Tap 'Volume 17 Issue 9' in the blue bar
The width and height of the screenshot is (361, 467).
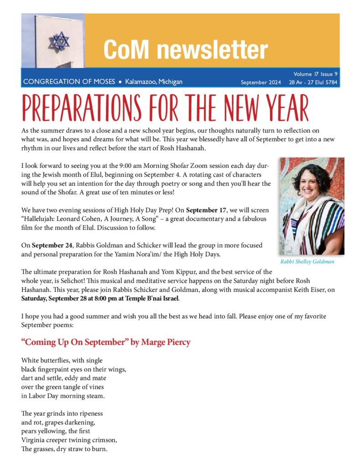tap(315, 74)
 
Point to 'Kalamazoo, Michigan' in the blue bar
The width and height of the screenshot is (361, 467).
tap(154, 82)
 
